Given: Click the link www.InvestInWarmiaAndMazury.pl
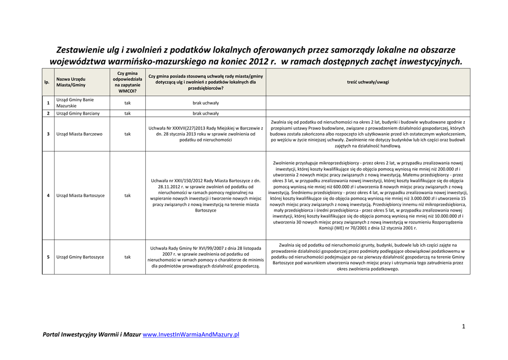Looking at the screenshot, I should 190,335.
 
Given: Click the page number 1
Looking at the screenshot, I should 463,326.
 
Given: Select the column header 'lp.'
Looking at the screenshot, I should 47,82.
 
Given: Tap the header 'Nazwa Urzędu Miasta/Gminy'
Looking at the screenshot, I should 71,82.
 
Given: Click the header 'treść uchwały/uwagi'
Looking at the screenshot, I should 368,82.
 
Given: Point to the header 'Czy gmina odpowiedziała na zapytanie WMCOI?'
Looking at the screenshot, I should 127,82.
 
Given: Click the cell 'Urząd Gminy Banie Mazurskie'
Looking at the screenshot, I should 75,103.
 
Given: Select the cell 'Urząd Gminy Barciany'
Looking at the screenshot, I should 78,113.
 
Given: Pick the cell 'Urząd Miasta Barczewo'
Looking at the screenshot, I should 79,134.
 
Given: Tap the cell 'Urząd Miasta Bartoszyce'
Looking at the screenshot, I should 80,196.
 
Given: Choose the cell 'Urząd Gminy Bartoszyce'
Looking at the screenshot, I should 80,257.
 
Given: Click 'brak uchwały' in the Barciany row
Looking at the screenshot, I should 205,113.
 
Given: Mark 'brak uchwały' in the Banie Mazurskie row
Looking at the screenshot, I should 205,103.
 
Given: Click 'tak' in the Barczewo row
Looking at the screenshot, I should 127,134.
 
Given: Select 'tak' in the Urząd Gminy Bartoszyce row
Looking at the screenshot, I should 127,257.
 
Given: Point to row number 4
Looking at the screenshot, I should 48,196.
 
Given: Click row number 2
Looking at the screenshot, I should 48,113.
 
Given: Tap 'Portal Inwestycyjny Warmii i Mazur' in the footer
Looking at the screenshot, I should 92,335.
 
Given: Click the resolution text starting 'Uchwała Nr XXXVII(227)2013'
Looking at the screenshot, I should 205,134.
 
